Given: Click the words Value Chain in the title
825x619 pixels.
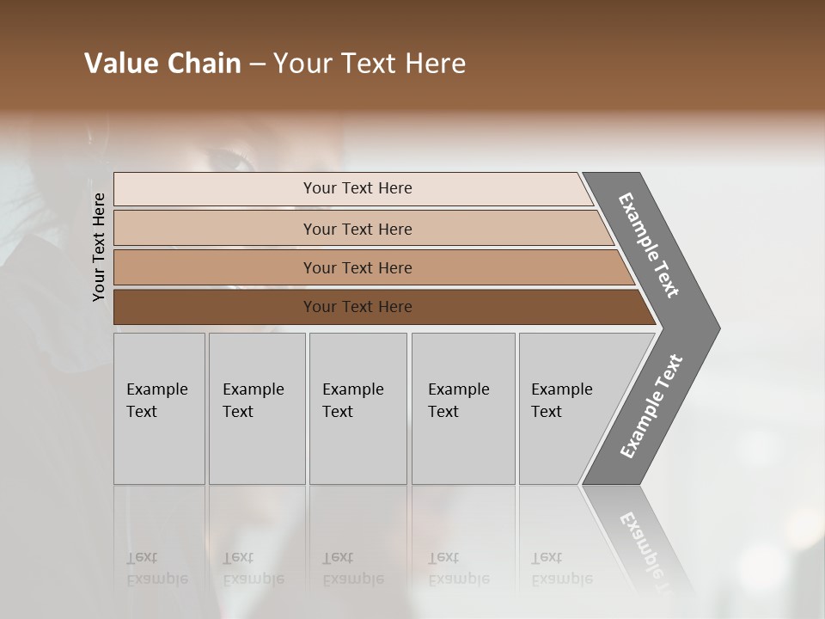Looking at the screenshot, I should point(162,64).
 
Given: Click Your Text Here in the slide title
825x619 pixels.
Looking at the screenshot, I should point(370,64).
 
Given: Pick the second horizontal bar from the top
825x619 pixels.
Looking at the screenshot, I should point(357,229).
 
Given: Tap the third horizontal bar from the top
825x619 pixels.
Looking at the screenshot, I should point(357,267).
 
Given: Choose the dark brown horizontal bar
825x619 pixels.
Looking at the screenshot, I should point(357,307).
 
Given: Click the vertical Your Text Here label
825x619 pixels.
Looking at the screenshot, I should point(99,247).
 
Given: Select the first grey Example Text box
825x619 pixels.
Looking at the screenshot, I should point(159,408).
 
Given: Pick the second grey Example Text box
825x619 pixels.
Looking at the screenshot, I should point(256,408).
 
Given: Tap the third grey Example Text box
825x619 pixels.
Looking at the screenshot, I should point(357,408).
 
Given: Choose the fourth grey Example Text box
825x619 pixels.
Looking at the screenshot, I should point(462,408).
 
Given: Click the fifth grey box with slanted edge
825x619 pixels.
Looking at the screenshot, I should point(567,408).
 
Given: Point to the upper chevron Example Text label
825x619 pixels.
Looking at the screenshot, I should point(649,245).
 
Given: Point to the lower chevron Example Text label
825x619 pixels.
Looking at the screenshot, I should point(651,407).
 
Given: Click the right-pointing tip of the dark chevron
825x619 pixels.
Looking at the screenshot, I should point(716,328).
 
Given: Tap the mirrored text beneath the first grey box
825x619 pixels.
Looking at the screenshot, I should point(157,568).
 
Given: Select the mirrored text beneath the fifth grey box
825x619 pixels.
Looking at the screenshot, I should point(562,568).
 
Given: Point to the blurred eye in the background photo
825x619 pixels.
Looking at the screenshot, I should point(227,158).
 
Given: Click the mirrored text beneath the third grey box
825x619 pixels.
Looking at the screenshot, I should point(352,568).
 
